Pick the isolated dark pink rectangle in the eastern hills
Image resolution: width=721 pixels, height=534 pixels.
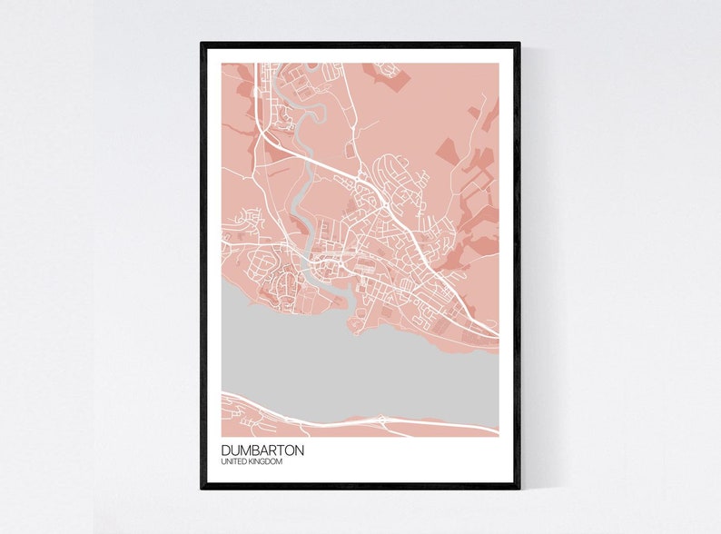point(447,151)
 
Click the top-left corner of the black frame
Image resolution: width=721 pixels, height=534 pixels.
point(202,44)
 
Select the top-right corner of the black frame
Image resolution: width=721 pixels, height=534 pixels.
point(519,44)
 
